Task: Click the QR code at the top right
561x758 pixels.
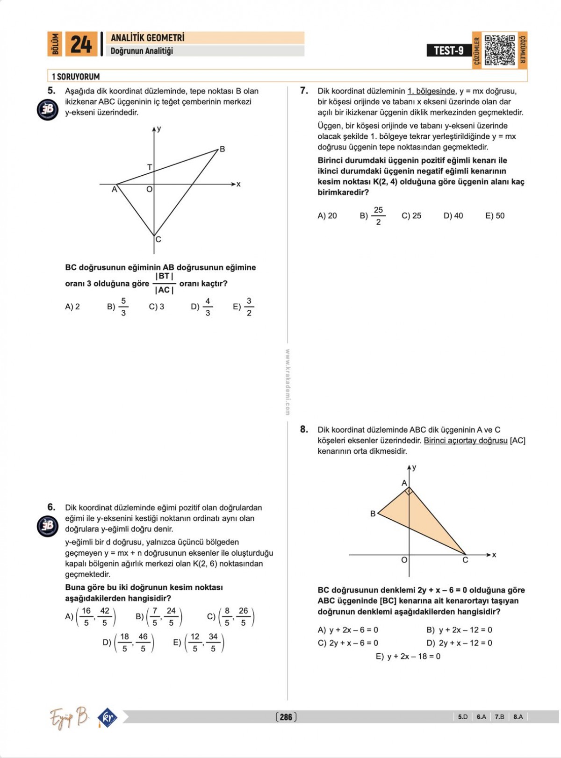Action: click(499, 50)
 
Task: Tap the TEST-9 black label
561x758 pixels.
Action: click(448, 50)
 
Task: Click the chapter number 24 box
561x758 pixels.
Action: click(81, 44)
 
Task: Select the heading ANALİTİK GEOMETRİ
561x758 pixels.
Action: click(148, 38)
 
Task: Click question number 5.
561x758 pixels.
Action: click(51, 91)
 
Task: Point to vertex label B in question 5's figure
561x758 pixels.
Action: click(223, 149)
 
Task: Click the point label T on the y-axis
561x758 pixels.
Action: click(150, 167)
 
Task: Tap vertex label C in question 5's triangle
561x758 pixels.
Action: click(158, 240)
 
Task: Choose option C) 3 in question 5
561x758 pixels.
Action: click(157, 307)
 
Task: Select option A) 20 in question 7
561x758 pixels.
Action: click(327, 216)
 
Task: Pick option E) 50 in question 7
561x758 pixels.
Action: click(495, 216)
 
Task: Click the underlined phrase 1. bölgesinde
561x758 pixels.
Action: click(431, 91)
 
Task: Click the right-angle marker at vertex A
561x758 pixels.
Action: click(409, 491)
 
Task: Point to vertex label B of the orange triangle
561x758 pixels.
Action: click(373, 514)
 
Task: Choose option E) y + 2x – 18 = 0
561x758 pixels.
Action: click(408, 657)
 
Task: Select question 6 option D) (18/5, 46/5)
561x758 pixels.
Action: click(129, 643)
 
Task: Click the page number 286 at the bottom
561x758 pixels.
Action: click(286, 717)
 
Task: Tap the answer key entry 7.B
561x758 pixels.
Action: click(499, 717)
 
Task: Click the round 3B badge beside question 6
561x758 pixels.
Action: click(48, 526)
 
